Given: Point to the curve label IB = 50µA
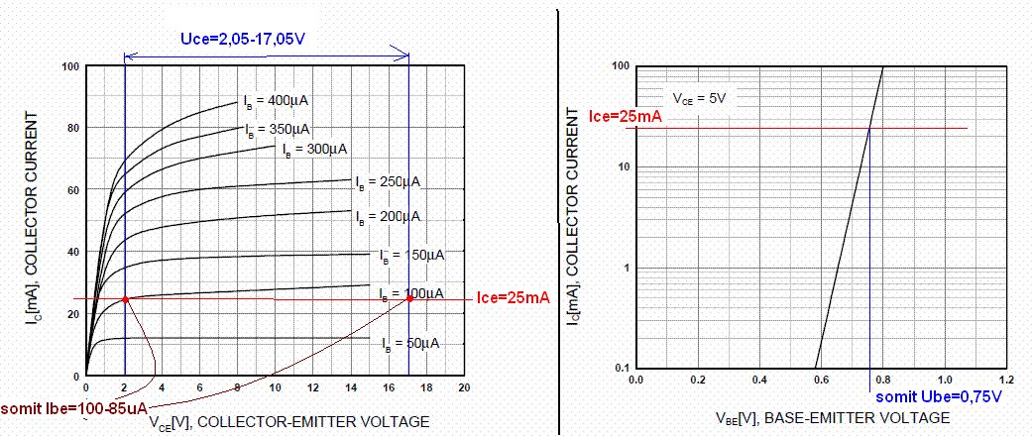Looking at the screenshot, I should click(409, 343).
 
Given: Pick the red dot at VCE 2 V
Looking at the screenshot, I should click(125, 299).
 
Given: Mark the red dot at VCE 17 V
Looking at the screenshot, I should click(409, 298).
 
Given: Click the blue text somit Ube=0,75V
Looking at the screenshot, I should click(939, 396).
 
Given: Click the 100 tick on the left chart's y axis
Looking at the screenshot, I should click(71, 67).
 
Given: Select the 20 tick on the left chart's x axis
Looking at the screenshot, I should click(463, 387).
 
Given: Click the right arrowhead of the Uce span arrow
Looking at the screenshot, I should click(405, 55).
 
